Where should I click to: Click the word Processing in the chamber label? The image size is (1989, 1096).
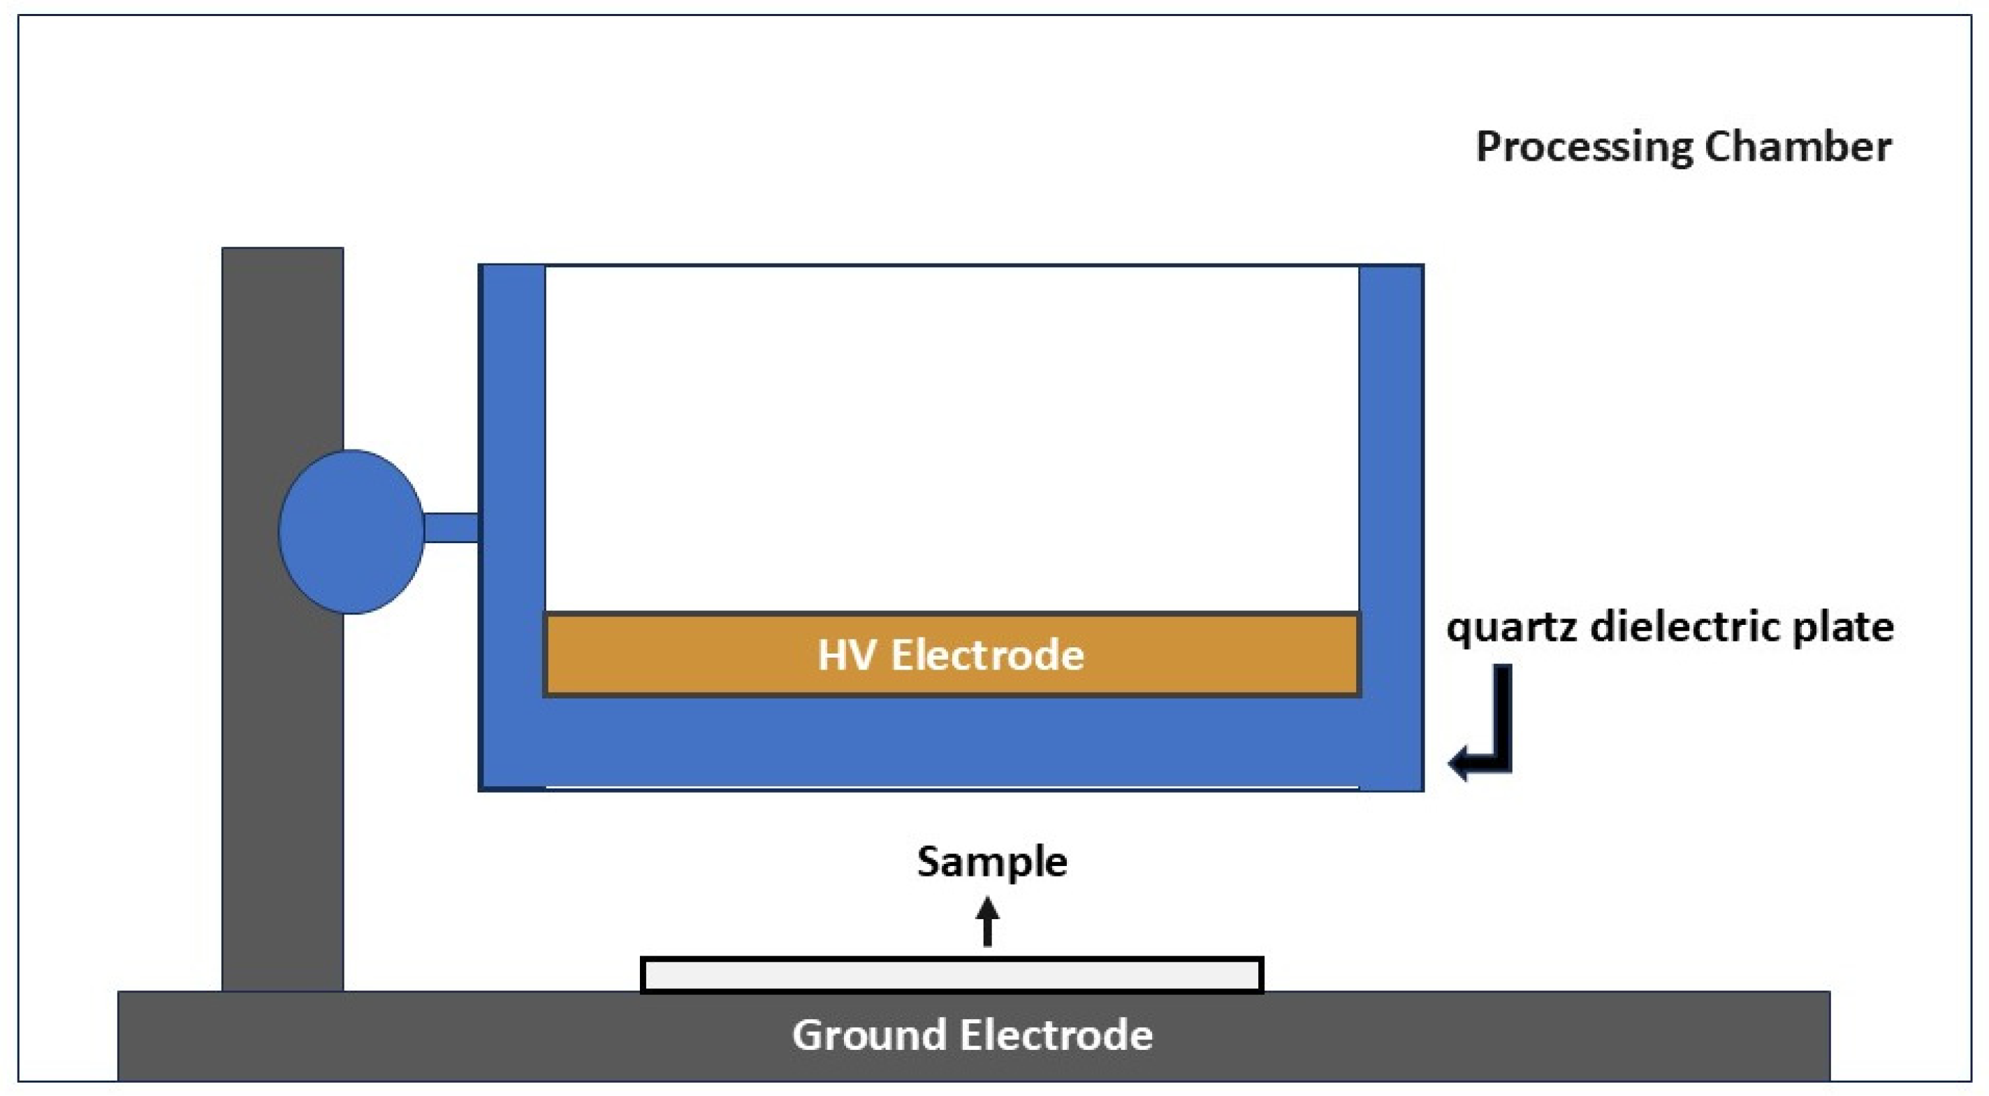tap(1583, 147)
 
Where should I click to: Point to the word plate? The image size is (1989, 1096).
tap(1842, 627)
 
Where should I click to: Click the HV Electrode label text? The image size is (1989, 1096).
tap(951, 655)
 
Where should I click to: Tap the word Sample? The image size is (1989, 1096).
tap(992, 861)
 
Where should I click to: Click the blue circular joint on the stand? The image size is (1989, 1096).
tap(351, 531)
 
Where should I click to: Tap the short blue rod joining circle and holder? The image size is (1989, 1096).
tap(452, 528)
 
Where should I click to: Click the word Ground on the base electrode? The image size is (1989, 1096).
tap(869, 1035)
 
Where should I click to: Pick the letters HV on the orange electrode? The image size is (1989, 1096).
tap(847, 655)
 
